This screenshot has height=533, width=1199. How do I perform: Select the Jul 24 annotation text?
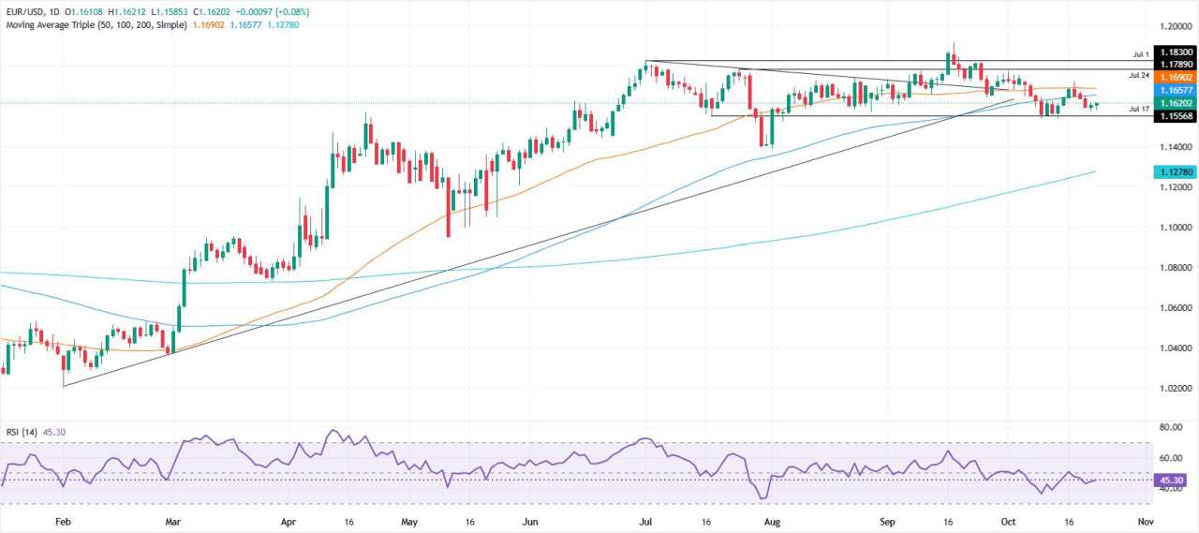point(1139,75)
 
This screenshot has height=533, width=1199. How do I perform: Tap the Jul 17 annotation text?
point(1139,109)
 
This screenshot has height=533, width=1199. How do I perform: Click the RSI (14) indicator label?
point(22,432)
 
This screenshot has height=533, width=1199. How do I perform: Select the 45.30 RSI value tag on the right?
point(1172,480)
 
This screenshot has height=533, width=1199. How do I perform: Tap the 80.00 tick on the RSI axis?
point(1172,427)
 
